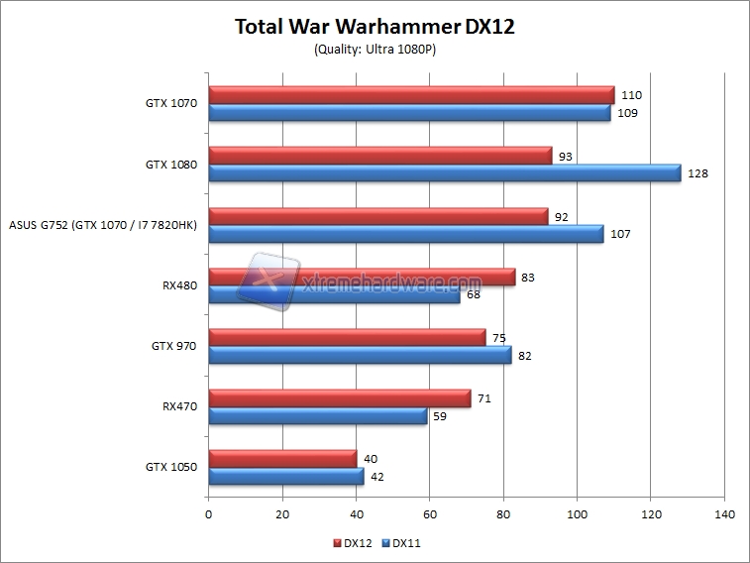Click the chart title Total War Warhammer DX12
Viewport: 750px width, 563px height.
tap(375, 26)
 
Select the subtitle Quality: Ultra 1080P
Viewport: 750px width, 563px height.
tap(375, 50)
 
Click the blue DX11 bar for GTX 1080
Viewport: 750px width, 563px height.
tap(444, 173)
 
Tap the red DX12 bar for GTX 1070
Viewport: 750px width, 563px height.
tap(411, 95)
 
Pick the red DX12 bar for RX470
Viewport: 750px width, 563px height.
tap(339, 398)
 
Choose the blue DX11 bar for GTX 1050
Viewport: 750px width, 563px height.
tap(285, 477)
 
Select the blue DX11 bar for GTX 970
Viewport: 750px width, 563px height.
tap(360, 355)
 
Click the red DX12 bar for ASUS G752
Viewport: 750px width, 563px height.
tap(377, 216)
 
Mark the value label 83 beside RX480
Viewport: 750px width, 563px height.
tap(527, 277)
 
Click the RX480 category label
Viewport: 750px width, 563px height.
tap(180, 286)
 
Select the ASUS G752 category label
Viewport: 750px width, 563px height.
tap(102, 226)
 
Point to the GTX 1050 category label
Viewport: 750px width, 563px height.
tap(170, 467)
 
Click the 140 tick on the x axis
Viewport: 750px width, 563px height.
tap(724, 514)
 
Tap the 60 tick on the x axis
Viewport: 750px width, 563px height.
tap(430, 514)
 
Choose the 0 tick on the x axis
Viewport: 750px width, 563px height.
tap(208, 514)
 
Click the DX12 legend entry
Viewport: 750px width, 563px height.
tap(354, 543)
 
